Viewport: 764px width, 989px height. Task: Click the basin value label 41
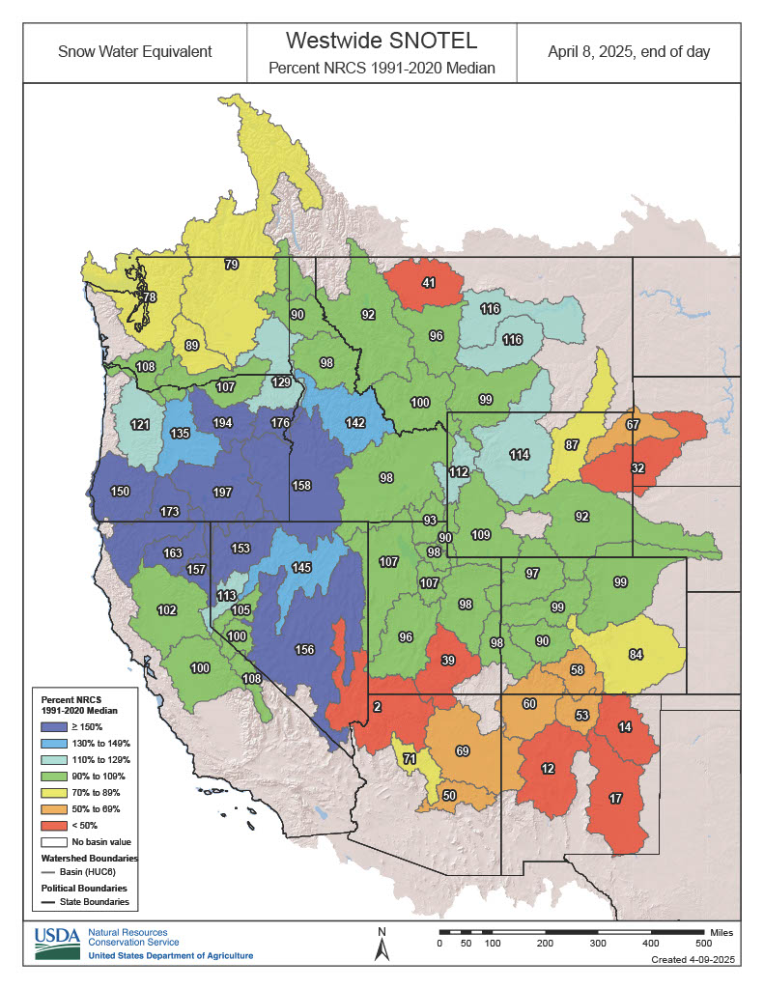tap(428, 283)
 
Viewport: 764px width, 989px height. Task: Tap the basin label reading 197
tap(222, 493)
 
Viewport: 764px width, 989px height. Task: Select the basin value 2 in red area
tap(377, 707)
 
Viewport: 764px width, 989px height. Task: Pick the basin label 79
tap(231, 264)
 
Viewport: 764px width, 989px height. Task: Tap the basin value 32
tap(637, 467)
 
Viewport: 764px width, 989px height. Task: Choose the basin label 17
tap(614, 798)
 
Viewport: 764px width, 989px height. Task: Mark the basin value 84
tap(636, 655)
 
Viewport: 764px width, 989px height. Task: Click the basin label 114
tap(520, 455)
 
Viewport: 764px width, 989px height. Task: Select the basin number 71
tap(410, 759)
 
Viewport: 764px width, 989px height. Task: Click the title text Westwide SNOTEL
tap(382, 42)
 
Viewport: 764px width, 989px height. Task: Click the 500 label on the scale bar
tap(703, 942)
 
